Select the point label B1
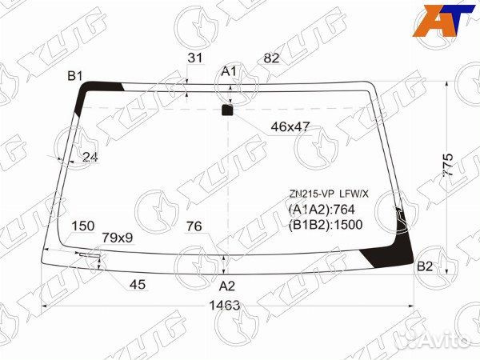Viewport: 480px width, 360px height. coord(75,76)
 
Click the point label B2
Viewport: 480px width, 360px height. coord(425,266)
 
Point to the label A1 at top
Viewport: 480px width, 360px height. coord(230,72)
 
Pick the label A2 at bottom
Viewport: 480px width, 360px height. coord(227,286)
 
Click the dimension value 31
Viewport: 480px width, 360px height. coord(194,58)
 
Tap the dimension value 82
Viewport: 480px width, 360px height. coord(271,58)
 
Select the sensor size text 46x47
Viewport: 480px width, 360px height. coord(290,126)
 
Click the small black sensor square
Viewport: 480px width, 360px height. coord(228,110)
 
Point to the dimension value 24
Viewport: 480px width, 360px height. coord(90,158)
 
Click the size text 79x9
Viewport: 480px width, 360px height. coord(118,238)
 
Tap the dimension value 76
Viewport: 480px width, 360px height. coord(194,226)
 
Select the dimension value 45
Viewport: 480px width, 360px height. coord(138,284)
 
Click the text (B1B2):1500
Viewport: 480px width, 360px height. coord(326,224)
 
